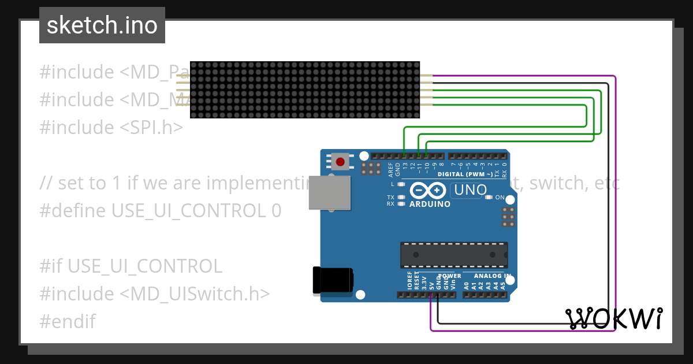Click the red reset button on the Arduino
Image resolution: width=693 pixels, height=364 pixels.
pyautogui.click(x=341, y=162)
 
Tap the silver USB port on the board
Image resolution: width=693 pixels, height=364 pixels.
pyautogui.click(x=329, y=192)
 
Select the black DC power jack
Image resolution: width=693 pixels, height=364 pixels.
pyautogui.click(x=333, y=280)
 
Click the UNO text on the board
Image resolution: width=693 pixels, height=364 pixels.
pyautogui.click(x=471, y=190)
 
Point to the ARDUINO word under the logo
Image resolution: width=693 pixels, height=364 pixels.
pyautogui.click(x=430, y=204)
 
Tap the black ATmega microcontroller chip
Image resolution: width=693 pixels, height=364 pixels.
pyautogui.click(x=454, y=255)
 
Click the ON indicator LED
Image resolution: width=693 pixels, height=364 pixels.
pyautogui.click(x=489, y=197)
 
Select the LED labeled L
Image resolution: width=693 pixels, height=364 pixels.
pyautogui.click(x=400, y=184)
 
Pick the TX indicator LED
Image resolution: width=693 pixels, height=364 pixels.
pyautogui.click(x=400, y=197)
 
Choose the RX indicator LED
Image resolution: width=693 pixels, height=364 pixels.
pyautogui.click(x=400, y=203)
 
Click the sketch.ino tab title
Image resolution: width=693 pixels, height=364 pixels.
pyautogui.click(x=102, y=25)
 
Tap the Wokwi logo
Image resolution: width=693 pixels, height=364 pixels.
pyautogui.click(x=614, y=318)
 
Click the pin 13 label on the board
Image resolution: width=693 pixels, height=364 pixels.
pyautogui.click(x=405, y=168)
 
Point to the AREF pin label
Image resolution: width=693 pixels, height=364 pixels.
pyautogui.click(x=390, y=169)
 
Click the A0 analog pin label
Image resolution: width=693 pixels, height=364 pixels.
pyautogui.click(x=467, y=284)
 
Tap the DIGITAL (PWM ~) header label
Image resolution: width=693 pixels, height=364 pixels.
pyautogui.click(x=465, y=174)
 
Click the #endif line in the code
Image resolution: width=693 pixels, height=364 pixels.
pyautogui.click(x=68, y=321)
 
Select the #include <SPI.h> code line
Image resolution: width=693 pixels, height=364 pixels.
pyautogui.click(x=111, y=127)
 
